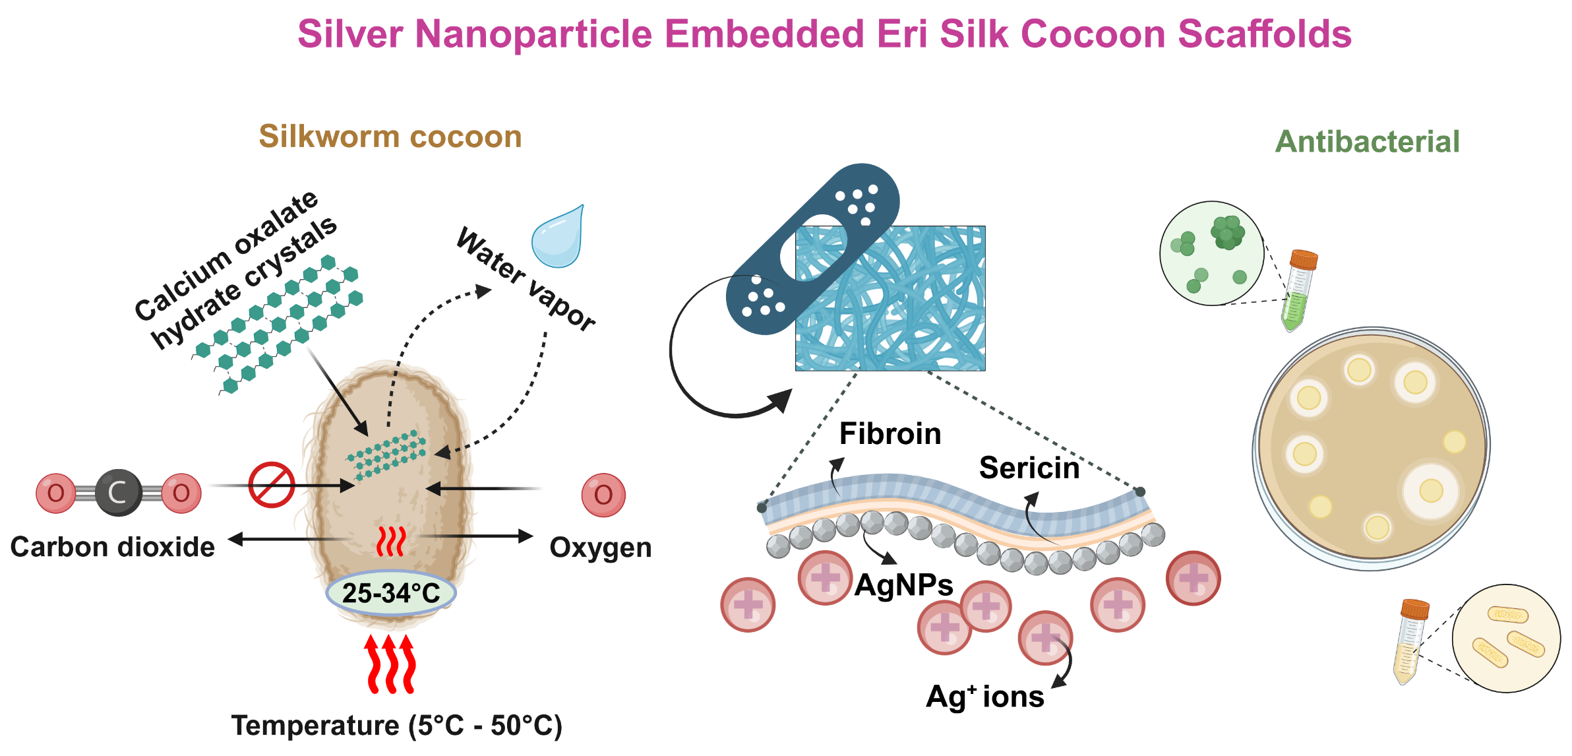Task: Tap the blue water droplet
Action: (559, 238)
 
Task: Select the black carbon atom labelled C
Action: (118, 493)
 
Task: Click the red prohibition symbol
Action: (272, 485)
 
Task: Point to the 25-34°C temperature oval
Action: (391, 593)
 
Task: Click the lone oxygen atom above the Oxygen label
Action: (603, 495)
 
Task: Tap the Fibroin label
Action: (890, 434)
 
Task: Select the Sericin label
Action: (1029, 468)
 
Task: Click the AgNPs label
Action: (903, 585)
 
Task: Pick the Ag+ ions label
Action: (984, 697)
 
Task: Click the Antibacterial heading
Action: (1367, 142)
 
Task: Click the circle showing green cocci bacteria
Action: (1211, 253)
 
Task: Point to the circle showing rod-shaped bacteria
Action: (1506, 638)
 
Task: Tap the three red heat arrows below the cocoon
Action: (391, 664)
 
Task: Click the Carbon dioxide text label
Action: (113, 548)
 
